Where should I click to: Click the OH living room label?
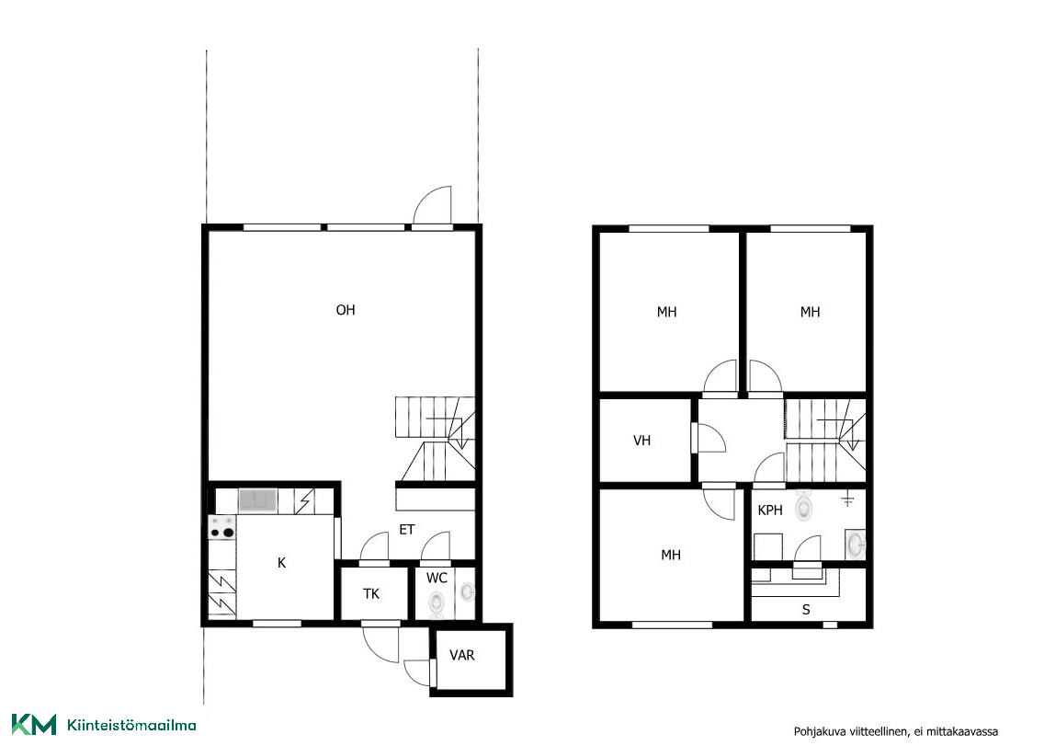[x=346, y=310]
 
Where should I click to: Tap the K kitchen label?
[x=281, y=563]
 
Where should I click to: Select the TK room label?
[x=371, y=593]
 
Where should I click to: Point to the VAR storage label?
[x=462, y=655]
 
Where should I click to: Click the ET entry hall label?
[x=407, y=529]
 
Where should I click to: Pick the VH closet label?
[x=641, y=440]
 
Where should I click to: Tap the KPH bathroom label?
[x=770, y=511]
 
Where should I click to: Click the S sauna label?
[x=806, y=609]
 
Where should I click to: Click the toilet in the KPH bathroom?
[x=804, y=505]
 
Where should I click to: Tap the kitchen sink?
[x=257, y=499]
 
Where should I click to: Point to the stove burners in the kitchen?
[x=221, y=526]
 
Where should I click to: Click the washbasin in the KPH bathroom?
[x=855, y=545]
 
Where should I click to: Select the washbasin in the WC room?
[x=468, y=591]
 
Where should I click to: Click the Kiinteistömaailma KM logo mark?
[x=34, y=725]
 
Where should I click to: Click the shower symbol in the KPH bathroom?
[x=847, y=500]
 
